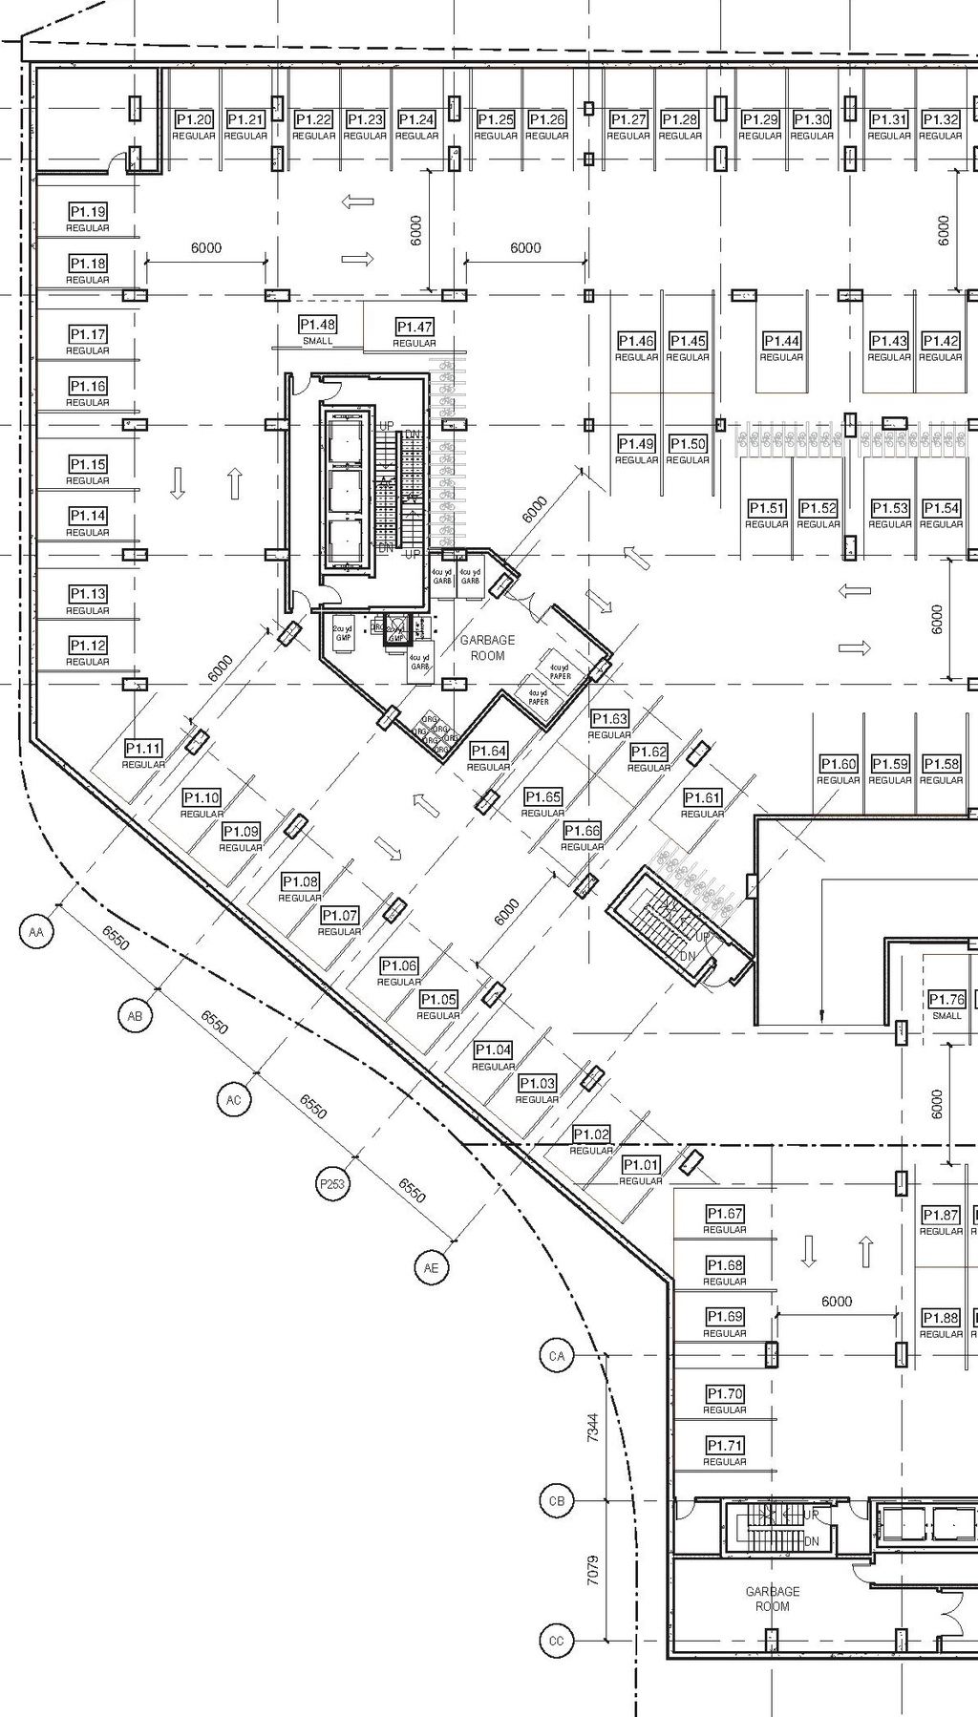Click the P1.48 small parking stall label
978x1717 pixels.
tap(317, 325)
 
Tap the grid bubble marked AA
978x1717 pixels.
tap(36, 932)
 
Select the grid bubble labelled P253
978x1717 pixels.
tap(331, 1184)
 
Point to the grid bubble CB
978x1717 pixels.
tap(557, 1500)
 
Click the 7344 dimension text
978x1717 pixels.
tap(592, 1428)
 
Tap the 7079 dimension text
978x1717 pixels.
tap(592, 1571)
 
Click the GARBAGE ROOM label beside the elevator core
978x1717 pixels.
tap(487, 647)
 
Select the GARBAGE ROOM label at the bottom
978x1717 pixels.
tap(772, 1599)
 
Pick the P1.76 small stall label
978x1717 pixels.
tap(946, 999)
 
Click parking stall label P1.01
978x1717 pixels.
tap(640, 1165)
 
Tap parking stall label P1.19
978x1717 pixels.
tap(87, 212)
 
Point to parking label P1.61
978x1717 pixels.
tap(702, 797)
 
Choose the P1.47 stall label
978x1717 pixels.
tap(415, 327)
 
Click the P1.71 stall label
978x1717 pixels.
tap(724, 1446)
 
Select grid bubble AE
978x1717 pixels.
tap(431, 1267)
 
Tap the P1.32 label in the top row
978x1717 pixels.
tap(940, 119)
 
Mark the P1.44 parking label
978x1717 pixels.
tap(781, 341)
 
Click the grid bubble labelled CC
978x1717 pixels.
tap(557, 1642)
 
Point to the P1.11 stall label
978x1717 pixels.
tap(142, 749)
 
